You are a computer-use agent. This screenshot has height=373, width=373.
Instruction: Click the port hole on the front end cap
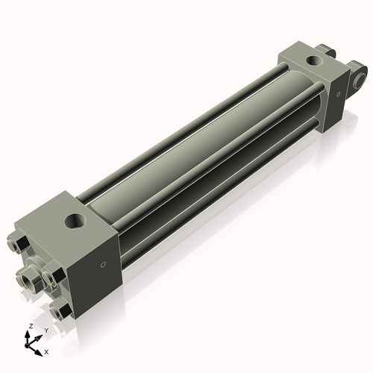(x=75, y=221)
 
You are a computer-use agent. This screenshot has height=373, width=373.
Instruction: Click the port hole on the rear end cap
(x=315, y=60)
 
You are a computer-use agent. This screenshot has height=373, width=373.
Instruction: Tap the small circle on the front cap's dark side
(x=103, y=265)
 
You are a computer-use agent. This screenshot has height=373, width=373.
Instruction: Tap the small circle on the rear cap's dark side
(x=338, y=94)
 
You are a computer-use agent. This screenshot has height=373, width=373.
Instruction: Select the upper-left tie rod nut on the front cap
(x=18, y=245)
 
